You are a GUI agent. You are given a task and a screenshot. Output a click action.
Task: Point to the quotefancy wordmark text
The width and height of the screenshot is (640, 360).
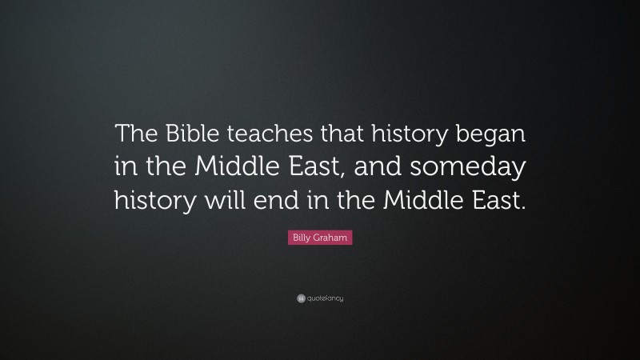click(326, 299)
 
